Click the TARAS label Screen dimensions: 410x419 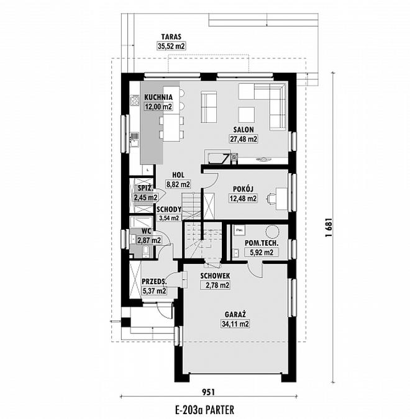(171, 37)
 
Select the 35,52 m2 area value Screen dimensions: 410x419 (171, 46)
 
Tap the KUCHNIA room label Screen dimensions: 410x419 (158, 97)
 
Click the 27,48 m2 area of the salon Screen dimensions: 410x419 (244, 139)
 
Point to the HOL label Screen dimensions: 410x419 (178, 175)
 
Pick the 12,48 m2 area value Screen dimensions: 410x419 (243, 198)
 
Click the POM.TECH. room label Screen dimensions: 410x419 (262, 243)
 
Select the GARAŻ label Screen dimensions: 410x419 (235, 315)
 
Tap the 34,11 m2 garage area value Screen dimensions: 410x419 (235, 324)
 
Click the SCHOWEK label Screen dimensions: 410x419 (215, 276)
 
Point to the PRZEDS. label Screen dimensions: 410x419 (154, 281)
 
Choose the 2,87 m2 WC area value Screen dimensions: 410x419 (149, 240)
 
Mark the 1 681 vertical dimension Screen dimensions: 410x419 (329, 227)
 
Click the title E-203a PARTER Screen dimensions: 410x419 (204, 410)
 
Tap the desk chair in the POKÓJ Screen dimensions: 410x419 (271, 198)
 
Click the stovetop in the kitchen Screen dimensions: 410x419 (134, 101)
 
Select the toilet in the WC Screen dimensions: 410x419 (145, 252)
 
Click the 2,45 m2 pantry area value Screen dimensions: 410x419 (146, 198)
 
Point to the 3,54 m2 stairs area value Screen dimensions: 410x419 (169, 219)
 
